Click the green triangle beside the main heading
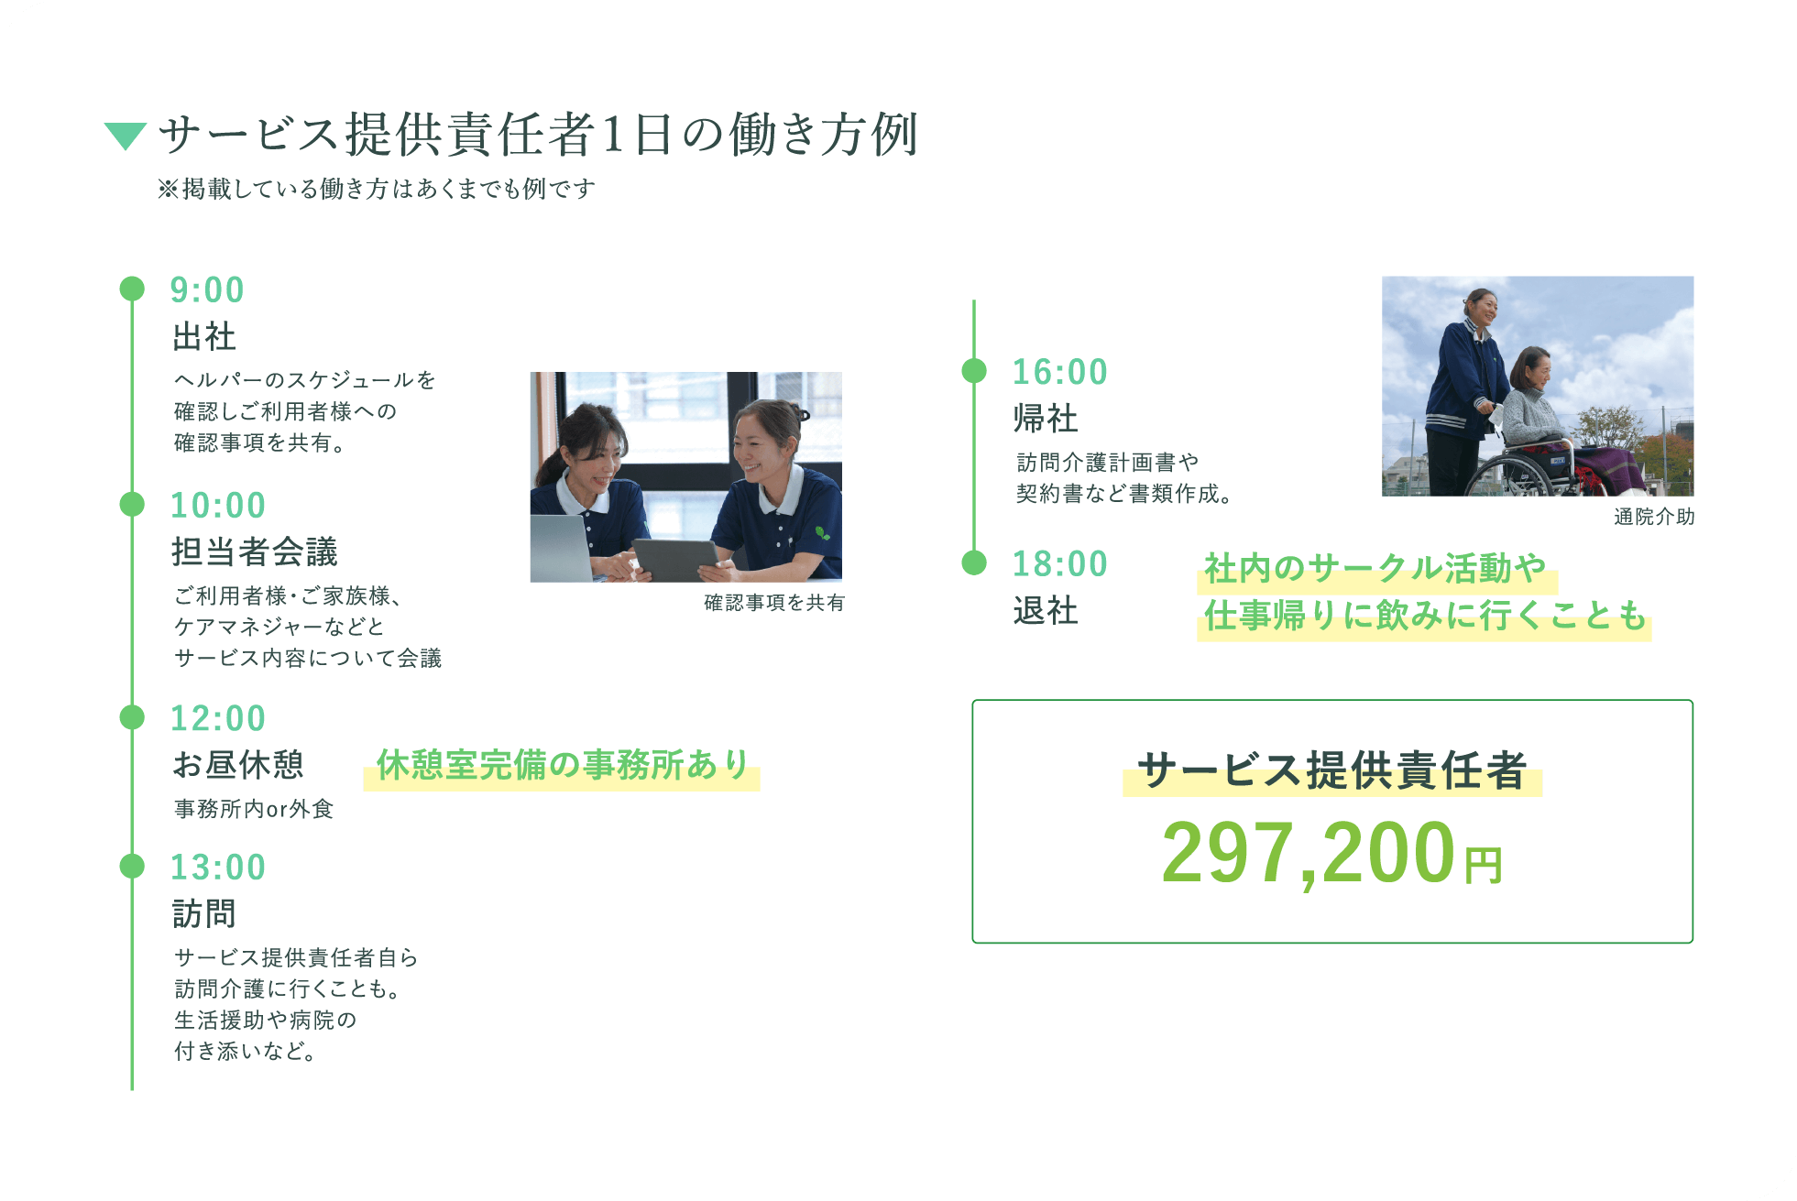[x=126, y=135]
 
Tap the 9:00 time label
[x=207, y=290]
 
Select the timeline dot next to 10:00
[x=133, y=504]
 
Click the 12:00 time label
[x=218, y=718]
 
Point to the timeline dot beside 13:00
[x=133, y=866]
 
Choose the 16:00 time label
[x=1060, y=372]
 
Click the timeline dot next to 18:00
[x=974, y=562]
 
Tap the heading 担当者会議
[x=255, y=551]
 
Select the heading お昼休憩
[x=238, y=764]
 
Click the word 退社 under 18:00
[x=1046, y=610]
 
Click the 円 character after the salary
[x=1484, y=866]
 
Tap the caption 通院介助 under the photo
[x=1654, y=517]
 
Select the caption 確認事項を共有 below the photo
[x=774, y=603]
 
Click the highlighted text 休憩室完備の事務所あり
[x=563, y=765]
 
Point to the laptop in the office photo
[x=561, y=548]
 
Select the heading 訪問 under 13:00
[x=204, y=913]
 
